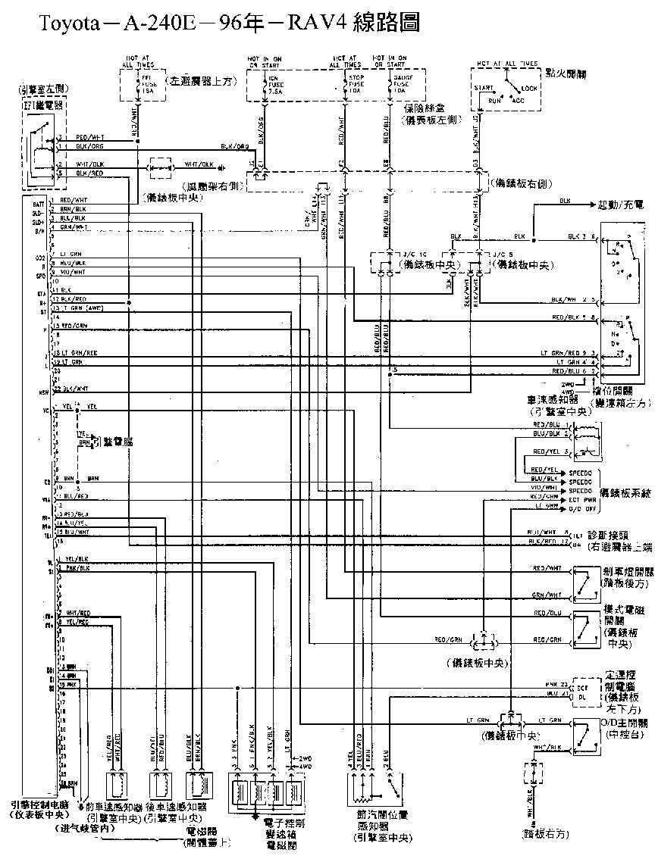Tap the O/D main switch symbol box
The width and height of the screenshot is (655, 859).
point(585,734)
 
